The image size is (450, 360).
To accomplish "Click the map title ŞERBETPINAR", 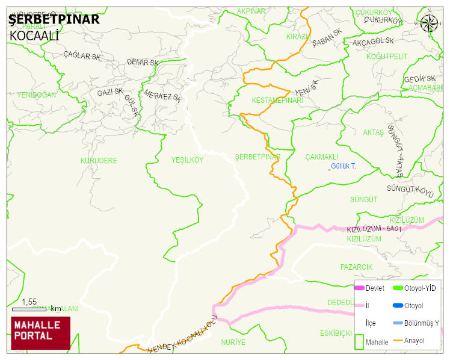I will [54, 19].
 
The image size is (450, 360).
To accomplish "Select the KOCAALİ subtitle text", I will [34, 36].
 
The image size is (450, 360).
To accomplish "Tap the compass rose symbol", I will [429, 23].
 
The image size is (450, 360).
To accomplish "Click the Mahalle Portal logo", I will [41, 333].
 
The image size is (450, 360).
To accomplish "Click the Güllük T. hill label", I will [344, 166].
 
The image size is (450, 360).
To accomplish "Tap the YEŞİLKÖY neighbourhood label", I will [187, 160].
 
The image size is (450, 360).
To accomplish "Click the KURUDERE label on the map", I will [99, 161].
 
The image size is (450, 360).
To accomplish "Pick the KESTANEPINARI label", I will [277, 101].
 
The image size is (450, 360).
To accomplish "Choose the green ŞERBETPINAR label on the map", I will [257, 157].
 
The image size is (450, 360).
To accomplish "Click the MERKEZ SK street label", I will [162, 96].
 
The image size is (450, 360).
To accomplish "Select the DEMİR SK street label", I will [143, 63].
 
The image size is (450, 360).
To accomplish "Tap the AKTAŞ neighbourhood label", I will [373, 132].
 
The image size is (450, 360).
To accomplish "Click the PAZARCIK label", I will [356, 267].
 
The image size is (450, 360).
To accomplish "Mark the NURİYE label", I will [233, 343].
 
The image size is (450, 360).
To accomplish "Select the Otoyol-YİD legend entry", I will [420, 288].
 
